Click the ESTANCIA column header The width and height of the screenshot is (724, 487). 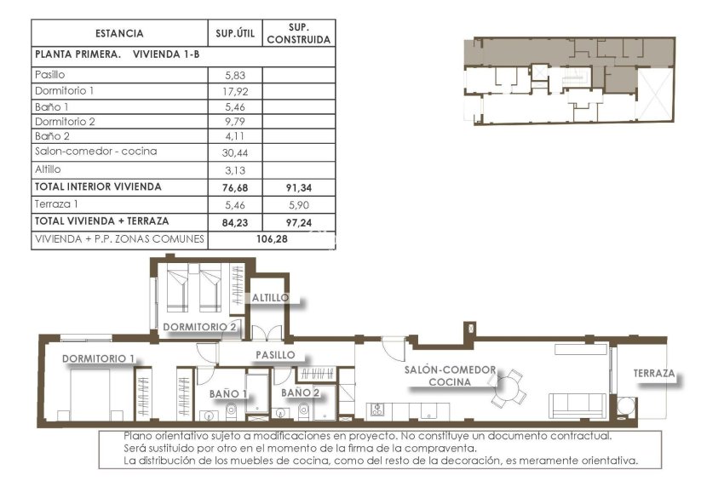tap(119, 34)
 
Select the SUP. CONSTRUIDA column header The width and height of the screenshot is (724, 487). tap(298, 34)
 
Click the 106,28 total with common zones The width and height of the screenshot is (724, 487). tap(271, 239)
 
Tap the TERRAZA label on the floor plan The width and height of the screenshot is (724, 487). tap(654, 374)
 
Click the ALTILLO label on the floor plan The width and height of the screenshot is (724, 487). tap(270, 298)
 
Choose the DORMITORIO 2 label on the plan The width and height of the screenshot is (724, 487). tap(199, 327)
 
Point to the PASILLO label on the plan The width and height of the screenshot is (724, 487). tap(276, 354)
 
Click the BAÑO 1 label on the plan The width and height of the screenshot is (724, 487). tap(227, 393)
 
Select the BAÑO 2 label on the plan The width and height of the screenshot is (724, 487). tap(300, 393)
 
